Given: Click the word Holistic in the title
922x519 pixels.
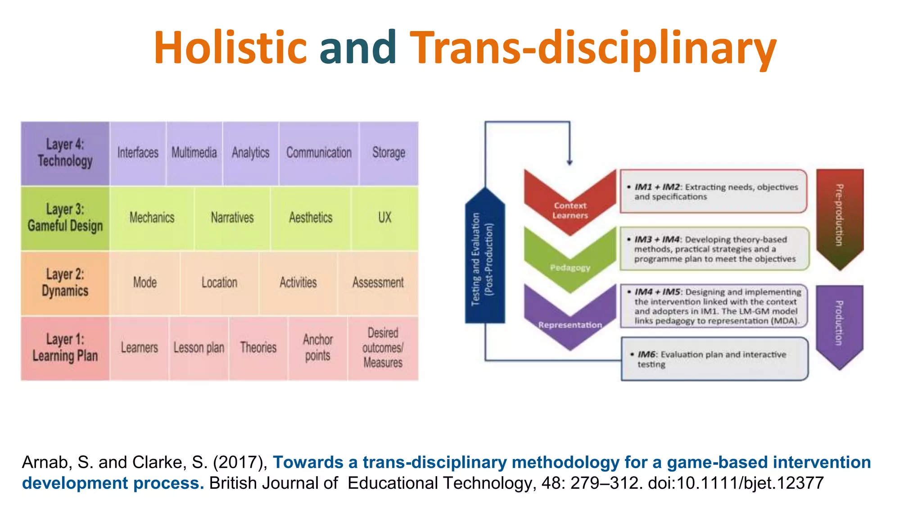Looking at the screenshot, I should coord(230,48).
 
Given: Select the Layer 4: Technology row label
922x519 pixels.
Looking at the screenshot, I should coord(65,153).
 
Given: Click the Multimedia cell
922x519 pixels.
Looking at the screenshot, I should coord(194,153).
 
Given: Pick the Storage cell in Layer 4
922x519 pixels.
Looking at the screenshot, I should coord(389,153).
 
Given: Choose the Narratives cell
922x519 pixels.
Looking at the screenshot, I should coord(232,218).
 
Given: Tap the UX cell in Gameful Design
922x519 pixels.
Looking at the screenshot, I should coord(384,218).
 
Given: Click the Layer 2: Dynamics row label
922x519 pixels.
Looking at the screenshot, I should coord(65,283).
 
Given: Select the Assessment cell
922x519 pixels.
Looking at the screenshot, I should coord(378,283).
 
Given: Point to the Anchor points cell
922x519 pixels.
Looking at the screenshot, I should coord(318,348).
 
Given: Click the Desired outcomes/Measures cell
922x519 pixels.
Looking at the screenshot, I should coord(383,348).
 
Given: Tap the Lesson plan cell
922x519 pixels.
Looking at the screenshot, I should coord(199,348).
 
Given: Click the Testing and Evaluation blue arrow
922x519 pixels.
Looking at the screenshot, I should coord(484,259).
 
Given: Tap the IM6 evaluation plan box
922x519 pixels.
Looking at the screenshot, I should coord(714,359).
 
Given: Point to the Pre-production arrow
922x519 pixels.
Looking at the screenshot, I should coord(840,216).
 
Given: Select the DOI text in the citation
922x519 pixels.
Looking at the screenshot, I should coord(736,483).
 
